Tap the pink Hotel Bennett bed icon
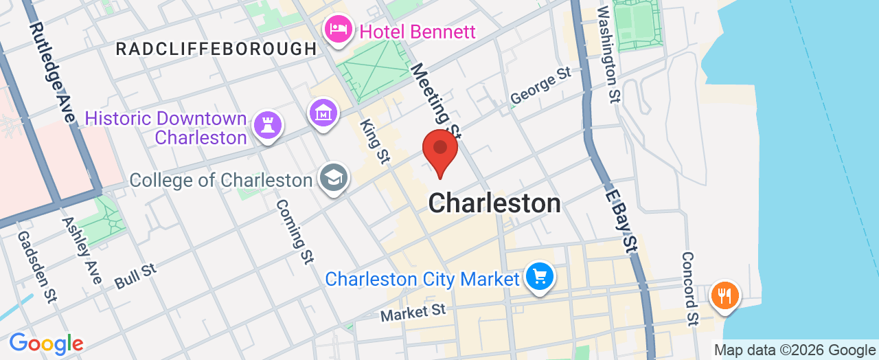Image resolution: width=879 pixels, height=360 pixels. click(339, 30)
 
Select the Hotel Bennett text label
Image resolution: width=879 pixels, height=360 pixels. click(418, 32)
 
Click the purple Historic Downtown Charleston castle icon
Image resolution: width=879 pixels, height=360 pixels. click(266, 126)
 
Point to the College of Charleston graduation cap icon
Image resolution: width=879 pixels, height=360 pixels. click(334, 178)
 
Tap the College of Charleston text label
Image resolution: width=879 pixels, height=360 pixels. click(220, 180)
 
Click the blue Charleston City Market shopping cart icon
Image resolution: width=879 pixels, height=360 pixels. click(540, 277)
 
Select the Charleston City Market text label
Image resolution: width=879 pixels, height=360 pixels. click(422, 280)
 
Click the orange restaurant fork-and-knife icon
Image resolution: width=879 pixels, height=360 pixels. click(724, 295)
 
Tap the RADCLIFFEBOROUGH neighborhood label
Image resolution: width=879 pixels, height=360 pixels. click(216, 49)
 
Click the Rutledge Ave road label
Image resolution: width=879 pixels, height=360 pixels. click(52, 73)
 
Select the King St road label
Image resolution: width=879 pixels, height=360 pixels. click(375, 141)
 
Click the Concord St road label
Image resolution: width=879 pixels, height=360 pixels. click(690, 287)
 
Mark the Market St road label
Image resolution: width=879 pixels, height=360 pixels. click(413, 313)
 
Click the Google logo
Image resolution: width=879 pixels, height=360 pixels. click(46, 344)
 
